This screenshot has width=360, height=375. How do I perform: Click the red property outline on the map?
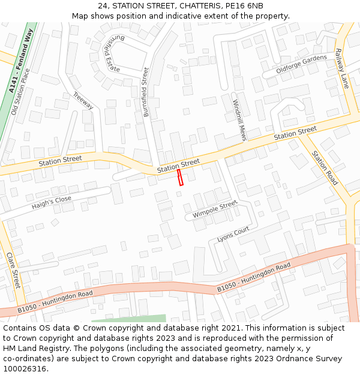pyautogui.click(x=180, y=178)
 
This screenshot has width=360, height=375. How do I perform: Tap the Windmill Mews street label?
pyautogui.click(x=240, y=120)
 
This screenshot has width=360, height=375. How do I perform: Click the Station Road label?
pyautogui.click(x=325, y=167)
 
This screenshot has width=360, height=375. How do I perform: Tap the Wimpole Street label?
pyautogui.click(x=215, y=210)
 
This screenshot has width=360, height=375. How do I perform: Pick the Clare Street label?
pyautogui.click(x=13, y=270)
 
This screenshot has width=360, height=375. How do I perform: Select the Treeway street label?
pyautogui.click(x=83, y=100)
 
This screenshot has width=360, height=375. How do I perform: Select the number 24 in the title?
pyautogui.click(x=103, y=5)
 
